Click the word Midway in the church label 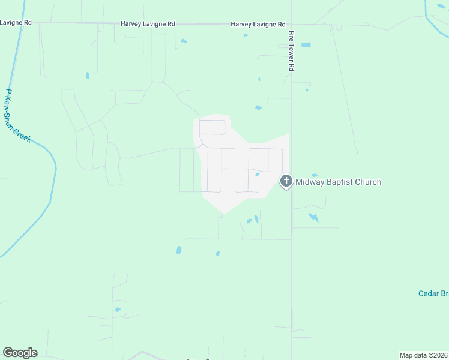312,182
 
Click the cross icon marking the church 286,181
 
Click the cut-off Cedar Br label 433,293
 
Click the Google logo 20,353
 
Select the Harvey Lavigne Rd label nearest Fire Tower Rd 258,25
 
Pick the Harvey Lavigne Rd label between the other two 148,24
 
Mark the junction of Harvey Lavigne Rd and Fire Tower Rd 291,25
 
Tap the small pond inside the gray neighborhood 257,175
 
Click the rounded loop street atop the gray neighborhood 212,127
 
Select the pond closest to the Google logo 118,310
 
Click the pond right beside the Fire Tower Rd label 306,45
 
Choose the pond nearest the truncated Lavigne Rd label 88,76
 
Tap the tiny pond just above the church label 315,175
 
